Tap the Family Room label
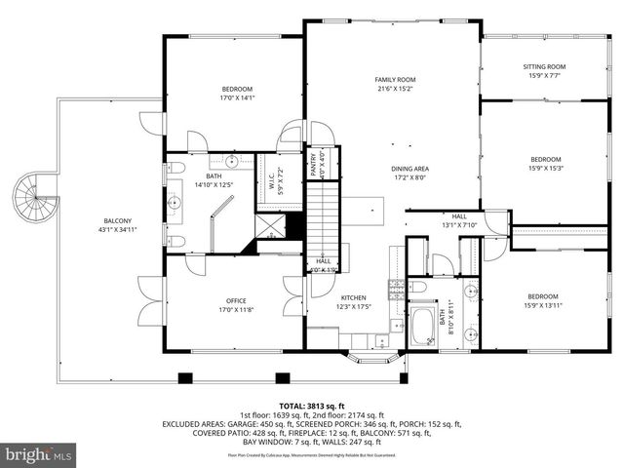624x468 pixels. tap(396, 79)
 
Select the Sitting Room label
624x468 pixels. tap(546, 66)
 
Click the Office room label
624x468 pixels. tap(236, 300)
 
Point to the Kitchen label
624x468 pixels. tap(354, 297)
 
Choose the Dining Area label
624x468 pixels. tap(409, 169)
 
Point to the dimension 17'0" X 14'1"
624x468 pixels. tap(236, 97)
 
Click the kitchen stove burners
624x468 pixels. tap(397, 286)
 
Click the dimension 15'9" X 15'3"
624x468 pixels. tap(545, 168)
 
